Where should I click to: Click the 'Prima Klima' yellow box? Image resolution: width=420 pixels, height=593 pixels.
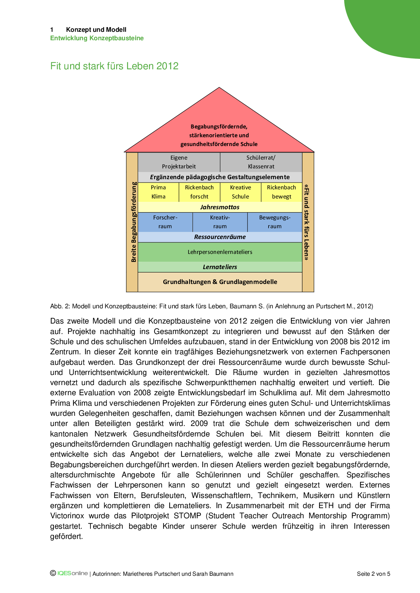point(158,192)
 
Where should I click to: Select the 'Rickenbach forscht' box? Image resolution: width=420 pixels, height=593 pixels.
point(199,192)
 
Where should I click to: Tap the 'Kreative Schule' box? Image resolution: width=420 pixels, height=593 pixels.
point(240,192)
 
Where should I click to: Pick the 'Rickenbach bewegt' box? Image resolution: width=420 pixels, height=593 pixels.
point(281,192)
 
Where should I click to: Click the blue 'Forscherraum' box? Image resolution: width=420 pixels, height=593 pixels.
point(165,222)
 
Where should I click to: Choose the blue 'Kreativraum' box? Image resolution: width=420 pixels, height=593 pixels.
point(220,222)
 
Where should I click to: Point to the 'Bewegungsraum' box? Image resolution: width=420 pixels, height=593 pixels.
point(275,222)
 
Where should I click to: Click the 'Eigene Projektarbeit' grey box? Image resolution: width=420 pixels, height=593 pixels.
point(179,162)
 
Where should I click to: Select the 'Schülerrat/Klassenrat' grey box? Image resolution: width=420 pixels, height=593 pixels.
point(261,162)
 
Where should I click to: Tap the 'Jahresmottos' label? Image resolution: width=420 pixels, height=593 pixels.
point(220,207)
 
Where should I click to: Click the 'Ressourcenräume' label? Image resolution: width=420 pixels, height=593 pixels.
point(220,237)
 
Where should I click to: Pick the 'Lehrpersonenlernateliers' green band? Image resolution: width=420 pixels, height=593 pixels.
point(220,252)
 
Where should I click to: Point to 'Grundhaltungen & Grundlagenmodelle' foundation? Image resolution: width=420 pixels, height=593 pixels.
point(220,282)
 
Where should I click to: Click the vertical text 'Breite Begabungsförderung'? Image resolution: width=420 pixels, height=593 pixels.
point(134,222)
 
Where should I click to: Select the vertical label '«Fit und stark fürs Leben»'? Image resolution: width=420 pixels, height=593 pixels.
point(307,222)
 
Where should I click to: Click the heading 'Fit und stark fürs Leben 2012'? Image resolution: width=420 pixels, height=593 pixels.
point(114,66)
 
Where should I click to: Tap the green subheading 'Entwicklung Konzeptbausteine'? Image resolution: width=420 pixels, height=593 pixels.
point(97,38)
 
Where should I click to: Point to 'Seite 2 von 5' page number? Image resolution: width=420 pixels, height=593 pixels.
point(373,574)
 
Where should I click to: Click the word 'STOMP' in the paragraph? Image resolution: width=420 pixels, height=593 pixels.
point(187,516)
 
